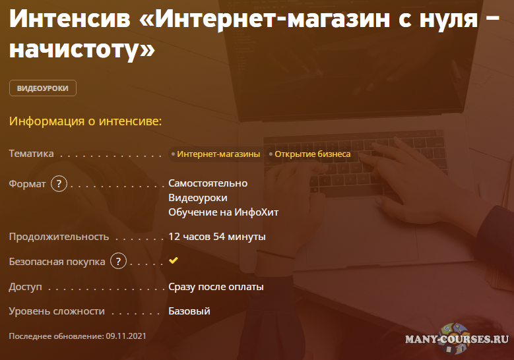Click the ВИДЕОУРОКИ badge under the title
tap(43, 88)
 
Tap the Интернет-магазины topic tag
tap(218, 154)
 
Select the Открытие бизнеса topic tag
tap(313, 154)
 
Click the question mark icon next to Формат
tap(59, 184)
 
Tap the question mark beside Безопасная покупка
tap(118, 262)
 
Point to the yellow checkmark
tap(174, 260)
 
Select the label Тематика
tap(31, 154)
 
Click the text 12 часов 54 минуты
tap(217, 236)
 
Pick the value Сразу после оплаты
tap(216, 287)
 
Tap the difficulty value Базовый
tap(189, 311)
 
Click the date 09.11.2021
tap(125, 336)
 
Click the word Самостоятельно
tap(208, 183)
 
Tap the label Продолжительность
tap(59, 236)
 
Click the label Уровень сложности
tap(57, 311)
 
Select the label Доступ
tap(25, 287)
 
